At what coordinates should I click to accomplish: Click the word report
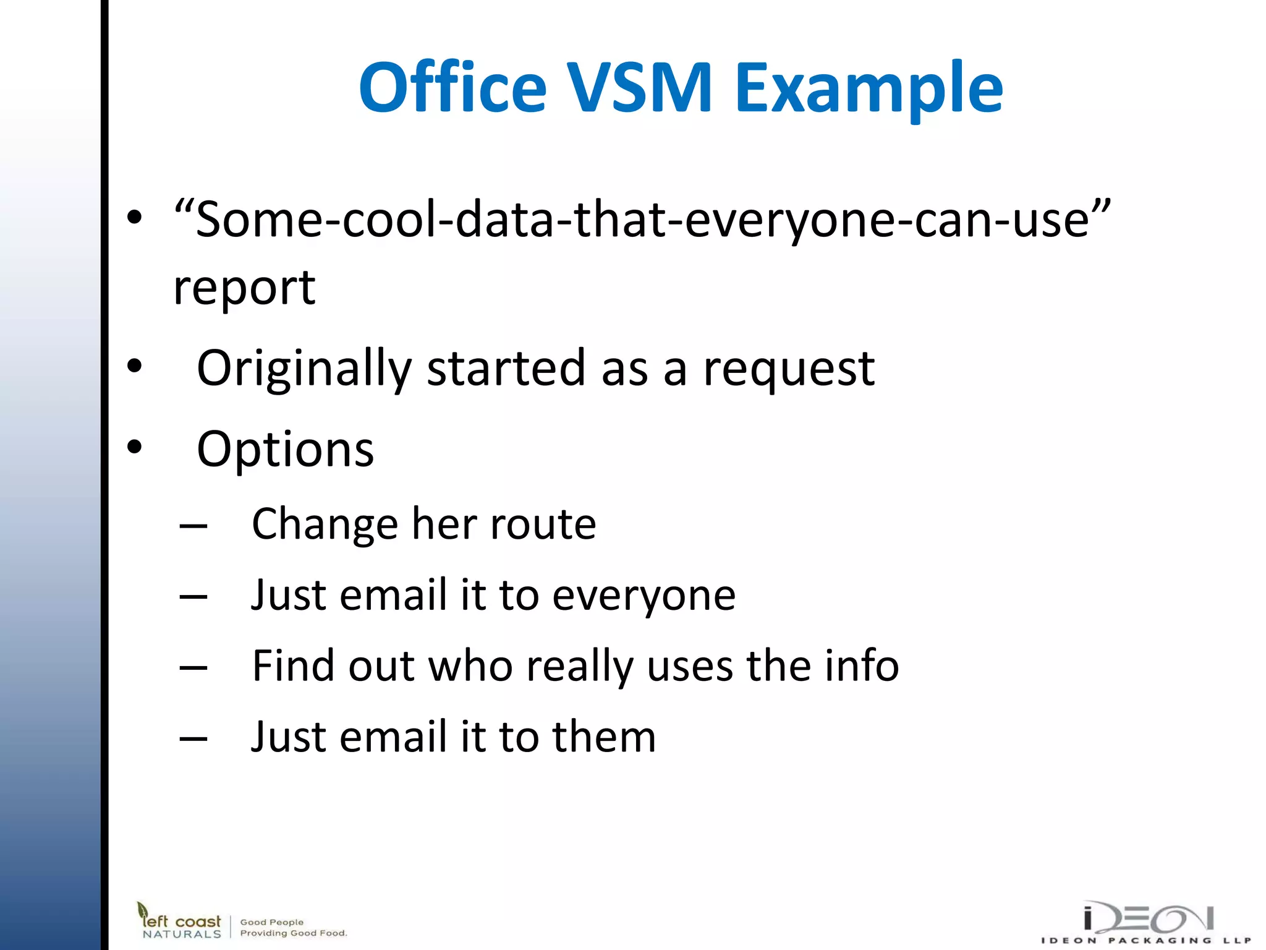(x=244, y=289)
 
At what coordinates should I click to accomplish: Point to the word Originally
(x=304, y=369)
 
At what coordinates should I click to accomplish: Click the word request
(x=788, y=369)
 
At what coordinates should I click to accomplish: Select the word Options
(x=285, y=450)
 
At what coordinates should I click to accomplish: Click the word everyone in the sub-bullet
(x=644, y=596)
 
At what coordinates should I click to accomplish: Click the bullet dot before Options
(x=134, y=447)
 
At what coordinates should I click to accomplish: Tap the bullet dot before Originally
(x=134, y=366)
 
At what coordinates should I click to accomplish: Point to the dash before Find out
(x=193, y=668)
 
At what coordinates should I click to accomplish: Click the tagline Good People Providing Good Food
(x=293, y=927)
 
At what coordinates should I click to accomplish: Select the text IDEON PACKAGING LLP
(x=1147, y=941)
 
